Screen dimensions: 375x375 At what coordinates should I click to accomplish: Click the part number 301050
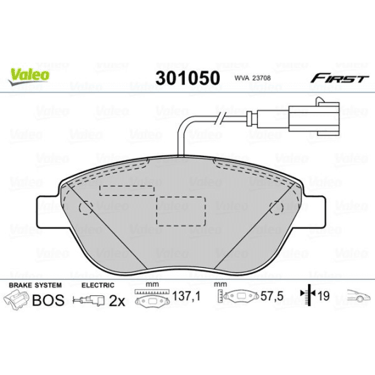187,77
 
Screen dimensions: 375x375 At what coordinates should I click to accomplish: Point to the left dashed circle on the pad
87,208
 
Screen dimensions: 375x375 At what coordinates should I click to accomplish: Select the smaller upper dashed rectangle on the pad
128,190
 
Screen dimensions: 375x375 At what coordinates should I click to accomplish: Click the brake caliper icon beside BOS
18,301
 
